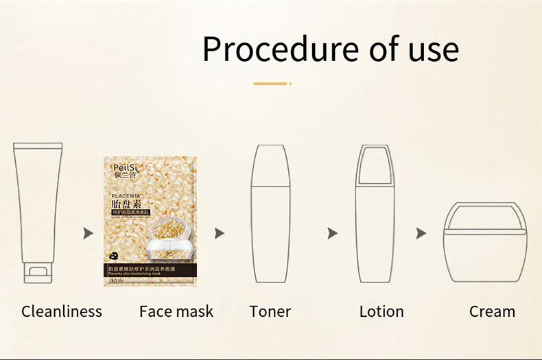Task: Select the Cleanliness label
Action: [62, 311]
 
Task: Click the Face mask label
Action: [176, 311]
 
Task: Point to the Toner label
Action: [270, 311]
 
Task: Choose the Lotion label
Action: [381, 311]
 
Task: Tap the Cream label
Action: [492, 311]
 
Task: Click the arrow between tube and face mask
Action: [88, 234]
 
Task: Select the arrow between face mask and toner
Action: [220, 234]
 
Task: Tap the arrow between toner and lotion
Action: [333, 234]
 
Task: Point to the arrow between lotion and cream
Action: [421, 234]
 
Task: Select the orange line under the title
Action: [270, 84]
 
